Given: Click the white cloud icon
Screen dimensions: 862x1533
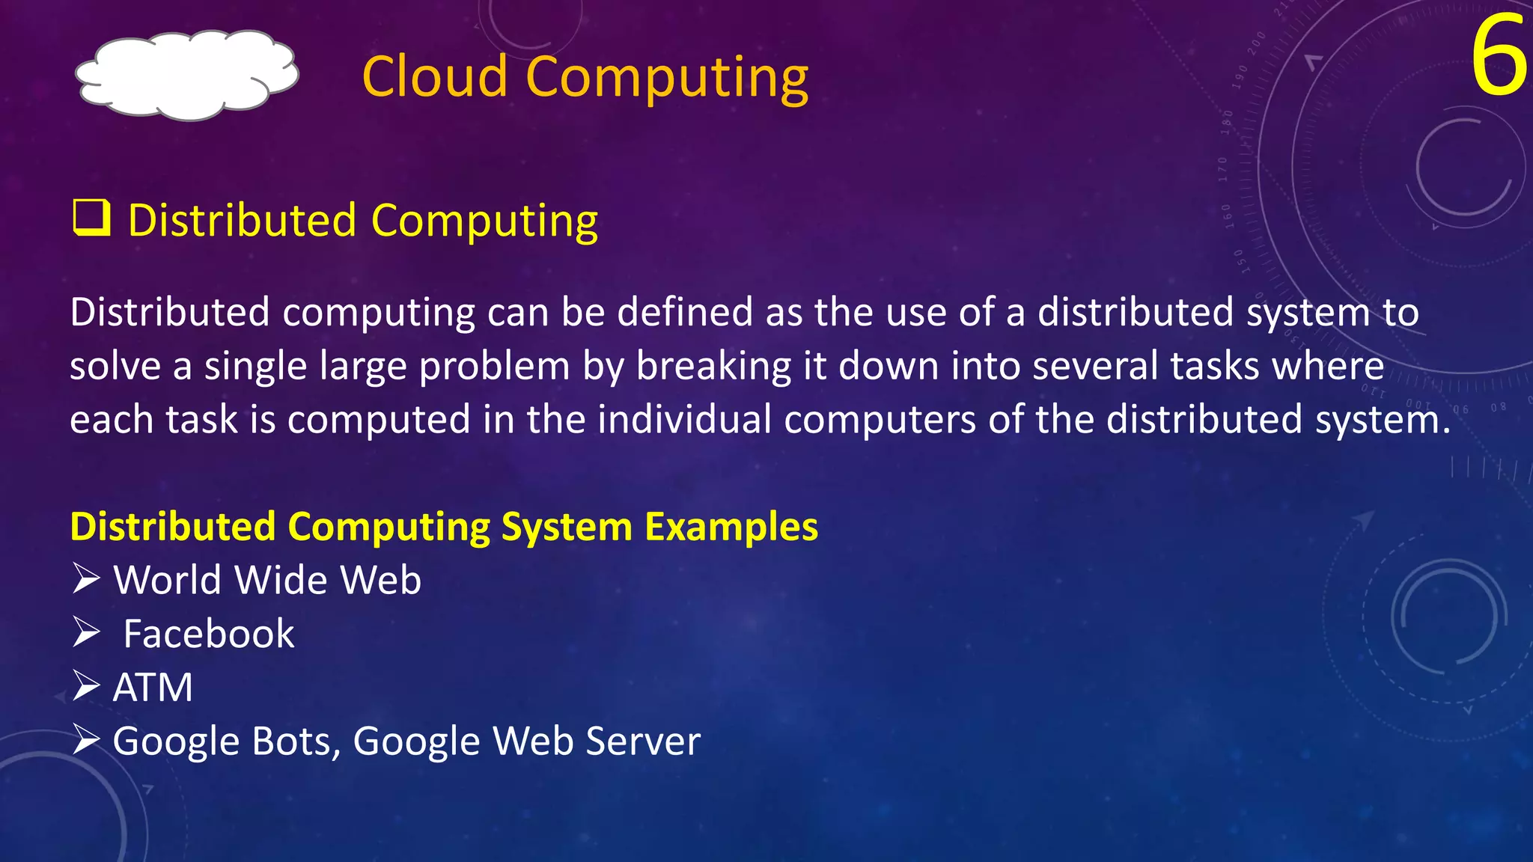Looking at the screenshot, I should coord(187,75).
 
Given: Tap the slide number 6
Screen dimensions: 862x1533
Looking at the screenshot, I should coord(1499,58).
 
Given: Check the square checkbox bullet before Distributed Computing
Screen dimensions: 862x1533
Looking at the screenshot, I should coord(91,218).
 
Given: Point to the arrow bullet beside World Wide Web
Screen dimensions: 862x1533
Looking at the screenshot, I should coord(87,579).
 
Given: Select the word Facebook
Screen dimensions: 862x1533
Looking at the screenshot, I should coord(209,634).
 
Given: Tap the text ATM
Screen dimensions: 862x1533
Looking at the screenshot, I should coord(153,687).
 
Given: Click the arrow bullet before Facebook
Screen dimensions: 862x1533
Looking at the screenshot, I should coord(87,633).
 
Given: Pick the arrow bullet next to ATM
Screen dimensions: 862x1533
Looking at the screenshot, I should coord(87,686).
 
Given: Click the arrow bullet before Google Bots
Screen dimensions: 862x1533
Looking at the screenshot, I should coord(87,740).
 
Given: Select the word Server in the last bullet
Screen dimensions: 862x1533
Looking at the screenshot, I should coord(643,741).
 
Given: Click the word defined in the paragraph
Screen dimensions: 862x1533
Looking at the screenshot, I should coord(685,312).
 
